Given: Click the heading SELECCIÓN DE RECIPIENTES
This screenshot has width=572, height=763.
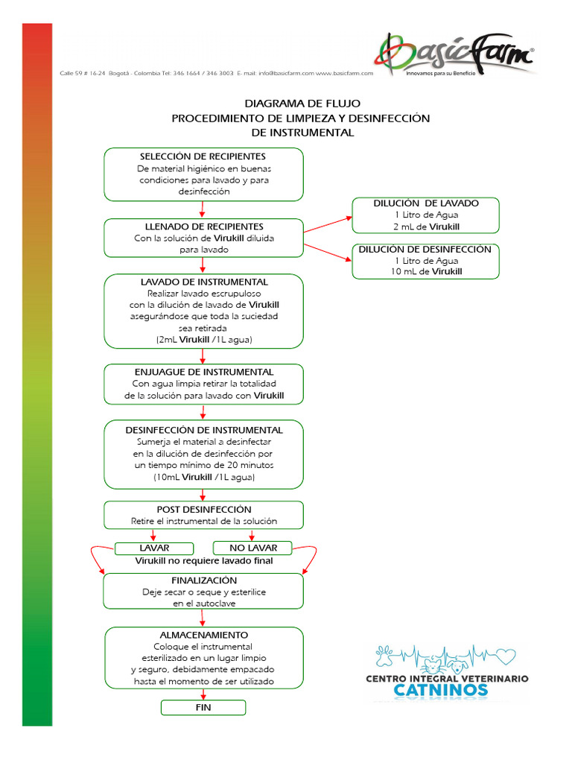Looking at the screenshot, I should [203, 156].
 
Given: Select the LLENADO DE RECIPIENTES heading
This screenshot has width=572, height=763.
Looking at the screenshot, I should [203, 227].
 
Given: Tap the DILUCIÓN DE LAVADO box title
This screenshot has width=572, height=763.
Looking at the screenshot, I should [426, 203].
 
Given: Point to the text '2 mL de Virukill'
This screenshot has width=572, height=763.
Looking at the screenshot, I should [427, 227].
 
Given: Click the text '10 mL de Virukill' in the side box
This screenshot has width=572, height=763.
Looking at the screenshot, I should [426, 272].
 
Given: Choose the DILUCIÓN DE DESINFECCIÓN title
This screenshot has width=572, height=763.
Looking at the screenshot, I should [425, 250].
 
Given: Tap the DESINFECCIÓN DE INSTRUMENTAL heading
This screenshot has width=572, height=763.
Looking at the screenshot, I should [204, 431].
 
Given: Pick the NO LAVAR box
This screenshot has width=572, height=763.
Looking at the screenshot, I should [253, 548].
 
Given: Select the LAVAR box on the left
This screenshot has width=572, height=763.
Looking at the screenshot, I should [154, 548].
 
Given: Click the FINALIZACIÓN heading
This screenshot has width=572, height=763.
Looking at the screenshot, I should [204, 580].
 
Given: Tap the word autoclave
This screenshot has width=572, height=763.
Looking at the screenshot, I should [217, 604].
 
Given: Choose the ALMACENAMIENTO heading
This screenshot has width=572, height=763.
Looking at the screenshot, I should [204, 635].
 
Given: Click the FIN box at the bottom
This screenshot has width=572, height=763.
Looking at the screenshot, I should [203, 707].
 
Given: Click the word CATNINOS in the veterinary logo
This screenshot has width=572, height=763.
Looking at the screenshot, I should [441, 690].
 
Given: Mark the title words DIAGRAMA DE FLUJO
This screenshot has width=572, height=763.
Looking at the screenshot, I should [302, 104].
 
